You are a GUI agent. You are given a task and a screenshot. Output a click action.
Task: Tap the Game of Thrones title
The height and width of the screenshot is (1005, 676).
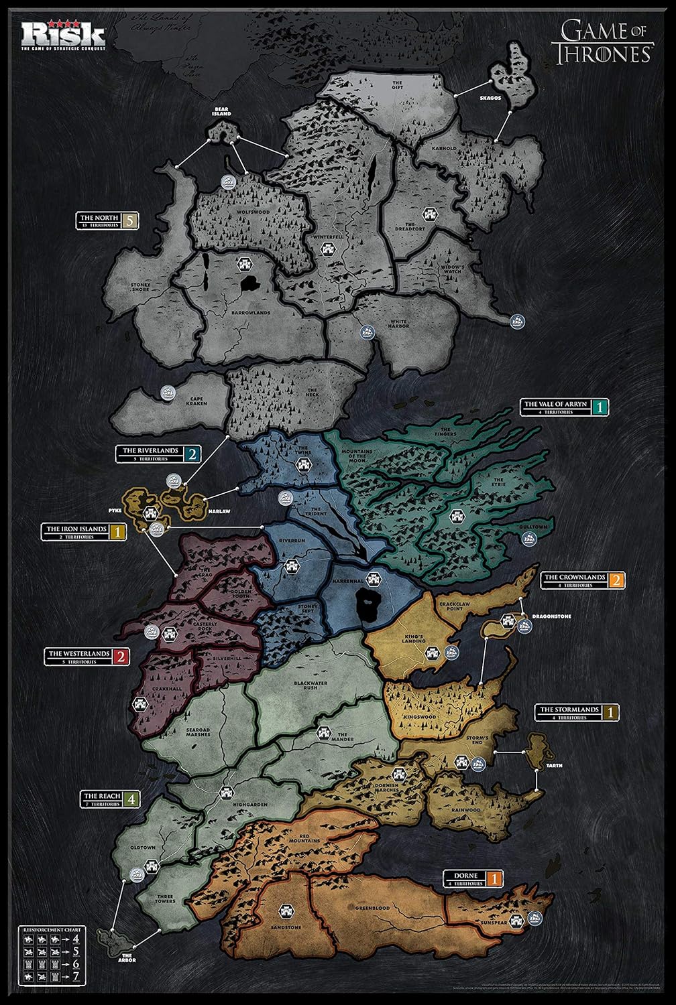pos(602,41)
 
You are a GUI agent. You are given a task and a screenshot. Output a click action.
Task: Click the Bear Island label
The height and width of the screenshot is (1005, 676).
pos(222,110)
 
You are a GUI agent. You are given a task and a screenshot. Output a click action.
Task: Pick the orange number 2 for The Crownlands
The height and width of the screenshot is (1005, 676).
pos(617,580)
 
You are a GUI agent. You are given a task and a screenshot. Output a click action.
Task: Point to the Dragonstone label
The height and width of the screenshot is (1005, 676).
pos(551,615)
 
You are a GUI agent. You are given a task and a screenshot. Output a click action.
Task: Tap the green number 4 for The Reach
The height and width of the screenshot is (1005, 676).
pos(131,799)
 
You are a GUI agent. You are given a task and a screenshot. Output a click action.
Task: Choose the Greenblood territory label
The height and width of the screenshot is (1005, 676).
pos(373,909)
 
